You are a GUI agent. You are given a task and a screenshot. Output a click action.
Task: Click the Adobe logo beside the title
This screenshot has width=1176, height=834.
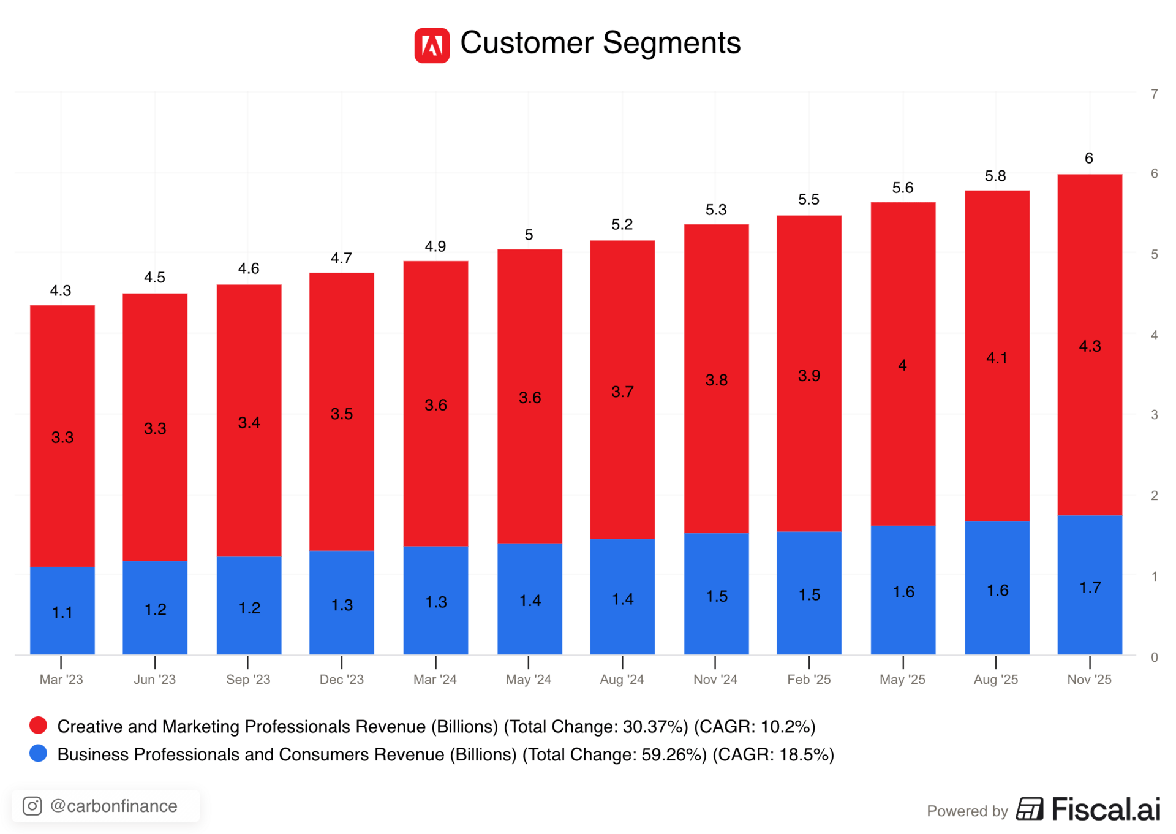[432, 45]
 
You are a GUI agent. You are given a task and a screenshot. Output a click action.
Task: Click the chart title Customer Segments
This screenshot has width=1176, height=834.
[600, 43]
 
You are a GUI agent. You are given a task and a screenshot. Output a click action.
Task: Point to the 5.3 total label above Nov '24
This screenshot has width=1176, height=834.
[716, 210]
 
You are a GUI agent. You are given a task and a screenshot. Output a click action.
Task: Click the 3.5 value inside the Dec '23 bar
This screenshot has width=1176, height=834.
[342, 414]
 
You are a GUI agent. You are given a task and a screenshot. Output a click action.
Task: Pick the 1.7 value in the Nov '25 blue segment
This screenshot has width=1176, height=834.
[1090, 588]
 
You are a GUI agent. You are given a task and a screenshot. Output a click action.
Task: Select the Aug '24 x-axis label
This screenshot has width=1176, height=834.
[622, 679]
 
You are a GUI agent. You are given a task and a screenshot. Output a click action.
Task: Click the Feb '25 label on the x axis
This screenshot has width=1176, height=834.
[809, 679]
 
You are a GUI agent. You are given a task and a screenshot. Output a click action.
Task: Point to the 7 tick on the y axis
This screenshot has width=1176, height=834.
[1155, 94]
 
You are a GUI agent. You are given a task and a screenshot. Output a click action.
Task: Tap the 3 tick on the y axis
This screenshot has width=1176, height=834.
[1155, 415]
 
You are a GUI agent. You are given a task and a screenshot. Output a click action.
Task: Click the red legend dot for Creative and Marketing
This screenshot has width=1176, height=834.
[38, 726]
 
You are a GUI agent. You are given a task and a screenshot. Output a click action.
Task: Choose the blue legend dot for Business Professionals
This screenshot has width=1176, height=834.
[38, 754]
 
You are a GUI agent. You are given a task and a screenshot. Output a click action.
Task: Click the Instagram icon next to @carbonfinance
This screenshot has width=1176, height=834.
[32, 806]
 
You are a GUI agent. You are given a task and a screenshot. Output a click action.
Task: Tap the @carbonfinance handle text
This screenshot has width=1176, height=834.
[114, 806]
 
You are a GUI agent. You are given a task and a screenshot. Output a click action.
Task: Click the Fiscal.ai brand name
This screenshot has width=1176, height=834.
[1106, 809]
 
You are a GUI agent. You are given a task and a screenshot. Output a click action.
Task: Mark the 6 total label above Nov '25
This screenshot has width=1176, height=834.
[1089, 158]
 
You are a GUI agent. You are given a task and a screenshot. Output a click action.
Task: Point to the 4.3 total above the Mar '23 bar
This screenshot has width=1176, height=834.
[61, 290]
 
